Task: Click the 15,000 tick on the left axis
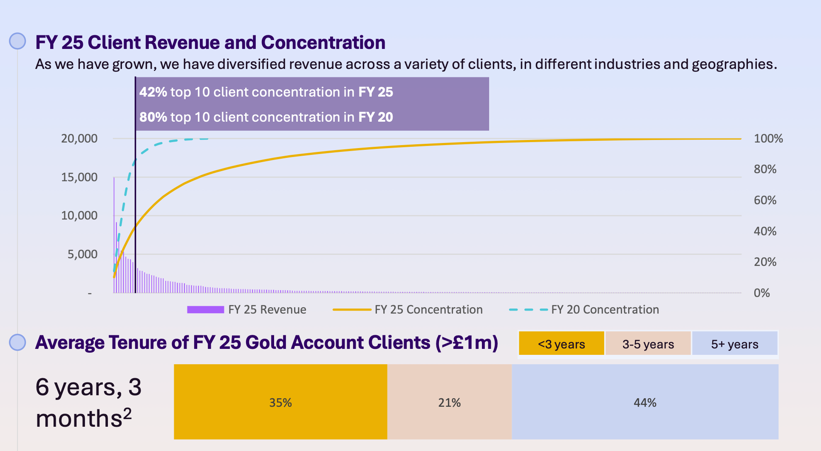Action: [79, 177]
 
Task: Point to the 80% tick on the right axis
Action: [765, 169]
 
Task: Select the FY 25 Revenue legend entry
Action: [246, 310]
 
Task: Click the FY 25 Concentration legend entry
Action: [408, 310]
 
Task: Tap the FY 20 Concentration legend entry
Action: [584, 310]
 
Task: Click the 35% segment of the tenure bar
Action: [280, 402]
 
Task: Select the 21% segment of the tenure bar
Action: [450, 402]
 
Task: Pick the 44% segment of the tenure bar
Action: [645, 402]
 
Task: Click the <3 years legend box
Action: [561, 343]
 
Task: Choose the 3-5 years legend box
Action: [648, 343]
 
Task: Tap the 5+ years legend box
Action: [735, 343]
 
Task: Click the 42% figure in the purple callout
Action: [153, 92]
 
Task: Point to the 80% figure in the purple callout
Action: [153, 117]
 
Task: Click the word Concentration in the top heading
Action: [323, 43]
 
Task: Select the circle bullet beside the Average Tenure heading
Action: [18, 342]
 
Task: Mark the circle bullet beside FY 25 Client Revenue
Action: [18, 41]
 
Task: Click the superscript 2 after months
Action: [127, 413]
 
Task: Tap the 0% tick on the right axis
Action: [762, 293]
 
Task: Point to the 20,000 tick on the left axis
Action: [79, 139]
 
